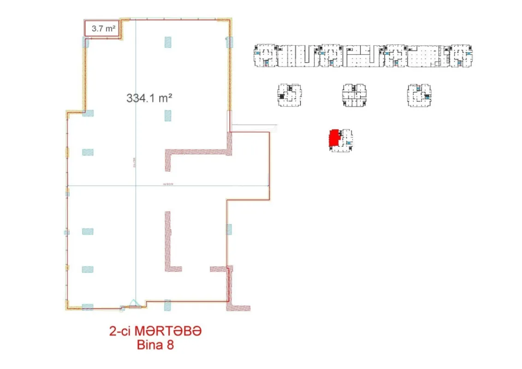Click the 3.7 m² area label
pyautogui.click(x=103, y=28)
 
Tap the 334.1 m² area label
pyautogui.click(x=149, y=98)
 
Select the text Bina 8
pyautogui.click(x=155, y=345)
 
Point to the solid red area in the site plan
pyautogui.click(x=333, y=138)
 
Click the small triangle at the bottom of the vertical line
pyautogui.click(x=134, y=303)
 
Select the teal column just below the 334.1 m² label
pyautogui.click(x=168, y=115)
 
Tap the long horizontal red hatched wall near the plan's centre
pyautogui.click(x=198, y=153)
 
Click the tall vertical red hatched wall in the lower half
pyautogui.click(x=168, y=240)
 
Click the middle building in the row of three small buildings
pyautogui.click(x=354, y=95)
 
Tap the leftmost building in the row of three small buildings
pyautogui.click(x=289, y=95)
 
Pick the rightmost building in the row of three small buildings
pyautogui.click(x=419, y=95)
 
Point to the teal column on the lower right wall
pyautogui.click(x=229, y=229)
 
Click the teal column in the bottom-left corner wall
pyautogui.click(x=88, y=307)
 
